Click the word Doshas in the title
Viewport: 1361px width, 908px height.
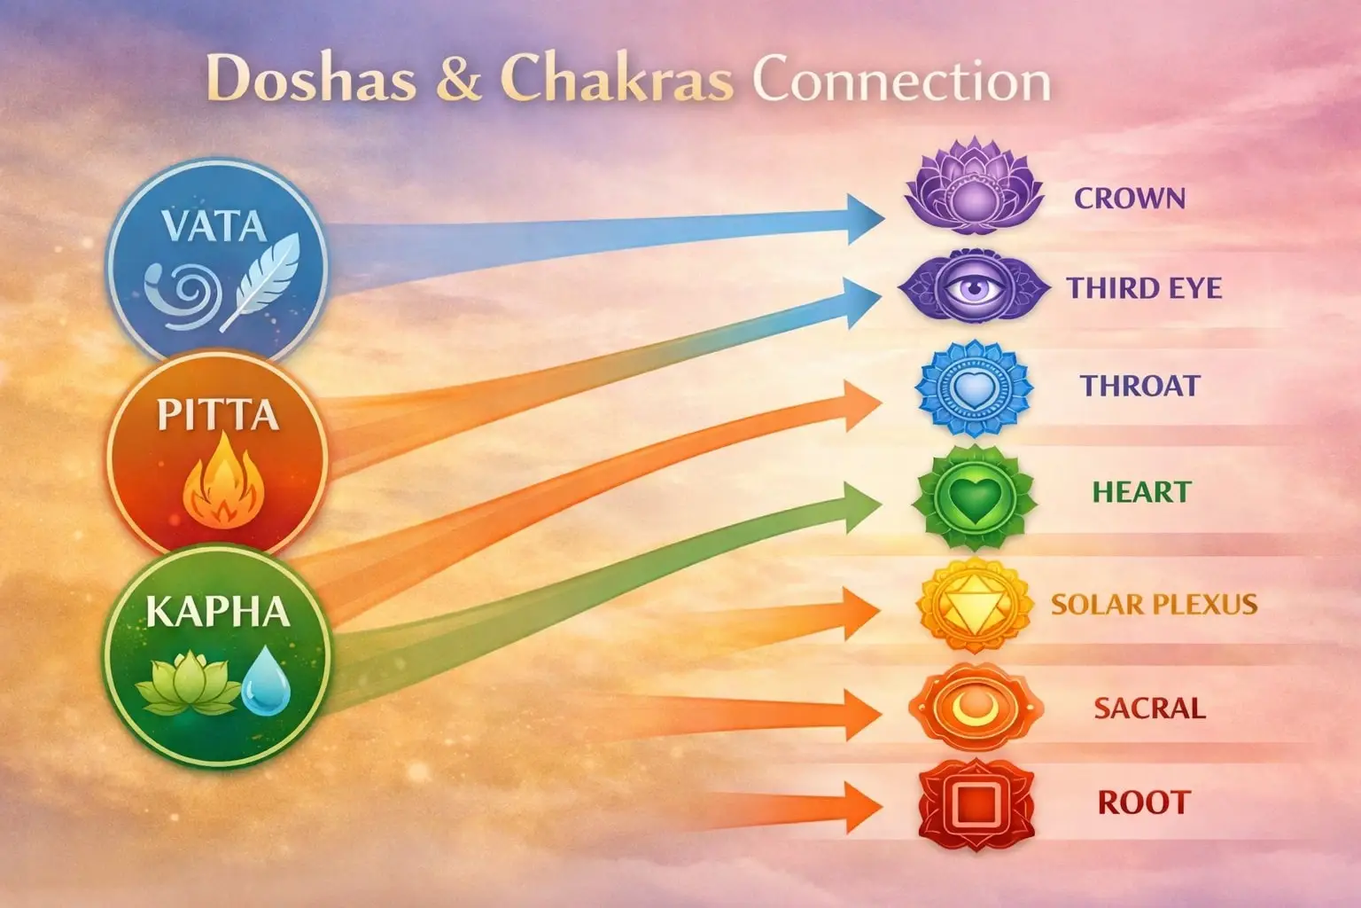point(311,79)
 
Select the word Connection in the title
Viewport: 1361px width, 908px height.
point(901,81)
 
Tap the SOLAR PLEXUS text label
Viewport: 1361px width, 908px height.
point(1154,605)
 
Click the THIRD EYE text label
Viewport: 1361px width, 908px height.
point(1144,288)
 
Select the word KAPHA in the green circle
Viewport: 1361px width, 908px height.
point(217,612)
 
